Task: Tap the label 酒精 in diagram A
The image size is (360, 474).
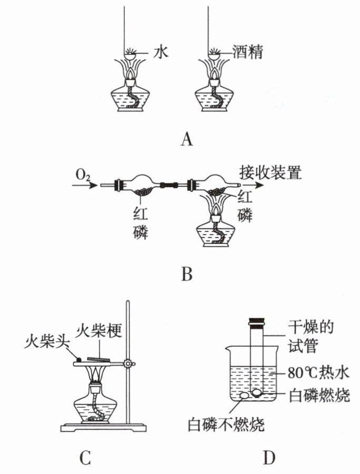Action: pyautogui.click(x=247, y=52)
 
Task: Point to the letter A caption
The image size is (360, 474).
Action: pyautogui.click(x=187, y=139)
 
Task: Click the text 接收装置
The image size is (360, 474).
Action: pyautogui.click(x=270, y=173)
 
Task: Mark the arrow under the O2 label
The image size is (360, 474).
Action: pyautogui.click(x=85, y=185)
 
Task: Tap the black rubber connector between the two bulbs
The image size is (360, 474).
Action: pyautogui.click(x=169, y=185)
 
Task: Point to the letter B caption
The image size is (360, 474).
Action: pyautogui.click(x=186, y=274)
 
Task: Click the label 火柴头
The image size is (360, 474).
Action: pyautogui.click(x=47, y=342)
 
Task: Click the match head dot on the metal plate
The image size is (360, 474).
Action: pyautogui.click(x=79, y=360)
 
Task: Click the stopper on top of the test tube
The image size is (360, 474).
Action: pyautogui.click(x=257, y=322)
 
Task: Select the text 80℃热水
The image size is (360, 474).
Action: pyautogui.click(x=318, y=373)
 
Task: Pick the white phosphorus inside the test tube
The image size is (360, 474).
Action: pyautogui.click(x=256, y=392)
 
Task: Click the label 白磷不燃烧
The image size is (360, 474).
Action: pyautogui.click(x=226, y=425)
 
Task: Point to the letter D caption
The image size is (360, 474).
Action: pyautogui.click(x=269, y=458)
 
